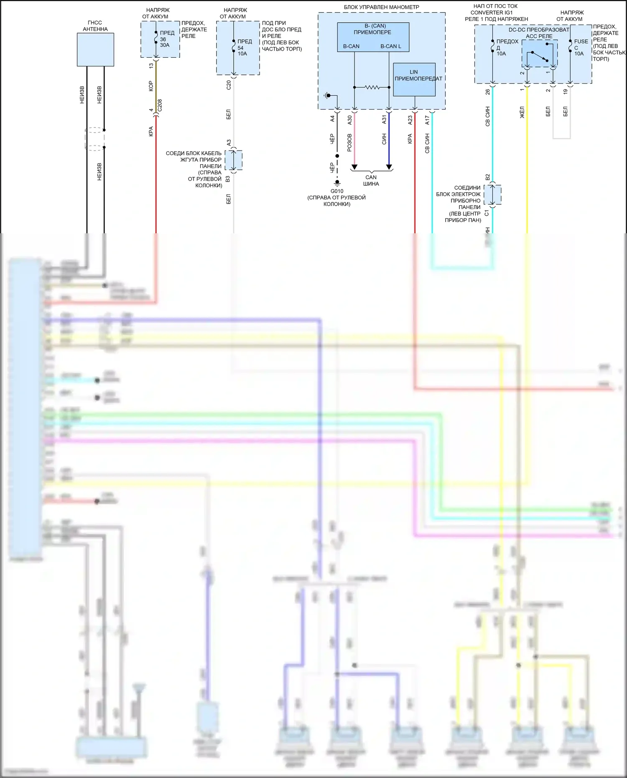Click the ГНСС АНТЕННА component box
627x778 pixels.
[95, 49]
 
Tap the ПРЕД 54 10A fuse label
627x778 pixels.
[244, 47]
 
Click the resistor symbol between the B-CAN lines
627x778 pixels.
[372, 87]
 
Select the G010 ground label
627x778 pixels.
[337, 191]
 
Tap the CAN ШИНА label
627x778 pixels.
[371, 181]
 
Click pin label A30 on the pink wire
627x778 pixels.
[350, 120]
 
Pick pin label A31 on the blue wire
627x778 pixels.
[384, 120]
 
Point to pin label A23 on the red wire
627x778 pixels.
[410, 120]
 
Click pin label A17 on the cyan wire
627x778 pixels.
[427, 120]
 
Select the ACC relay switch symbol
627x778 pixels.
[539, 57]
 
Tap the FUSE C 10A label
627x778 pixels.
[581, 47]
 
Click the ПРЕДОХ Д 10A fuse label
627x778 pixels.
[506, 47]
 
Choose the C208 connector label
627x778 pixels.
[160, 105]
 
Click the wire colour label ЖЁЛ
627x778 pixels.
[522, 112]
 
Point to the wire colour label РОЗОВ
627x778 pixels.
[350, 143]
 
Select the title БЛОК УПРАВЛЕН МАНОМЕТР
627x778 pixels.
[381, 7]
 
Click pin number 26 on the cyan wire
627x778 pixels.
[488, 92]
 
